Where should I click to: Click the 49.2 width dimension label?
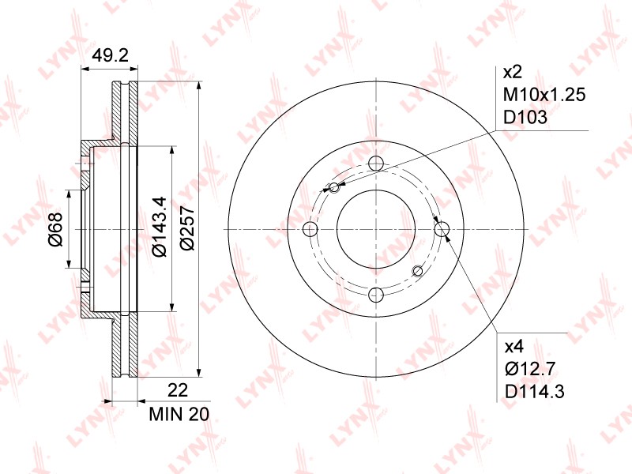(x=110, y=55)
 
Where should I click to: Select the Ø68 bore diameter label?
(x=55, y=229)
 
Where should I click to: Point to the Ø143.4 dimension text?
(x=160, y=226)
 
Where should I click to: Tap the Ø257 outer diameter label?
(x=187, y=228)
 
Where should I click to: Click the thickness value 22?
(x=178, y=389)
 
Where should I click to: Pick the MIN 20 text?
(x=179, y=414)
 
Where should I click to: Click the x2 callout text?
(x=513, y=73)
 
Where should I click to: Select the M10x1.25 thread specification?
(x=544, y=95)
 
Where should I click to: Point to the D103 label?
(x=525, y=117)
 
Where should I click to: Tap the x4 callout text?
(x=513, y=346)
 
